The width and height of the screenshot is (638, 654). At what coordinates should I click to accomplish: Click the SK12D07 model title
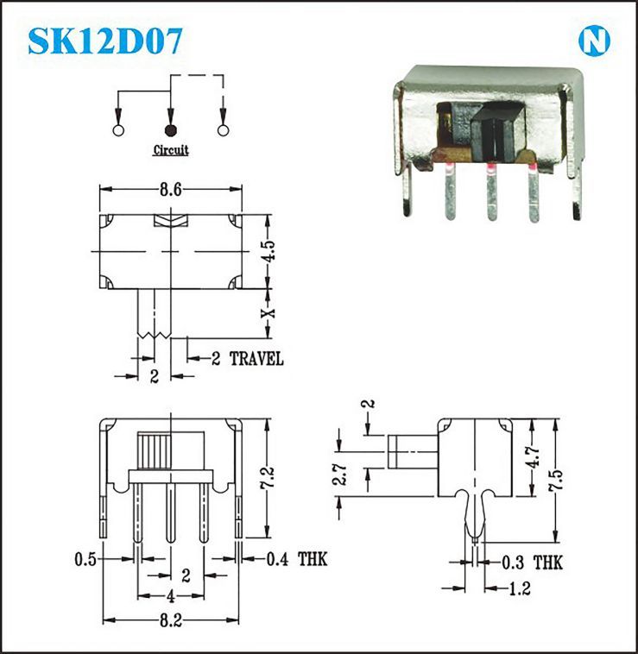[105, 41]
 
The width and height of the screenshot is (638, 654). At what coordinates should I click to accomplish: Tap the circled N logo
[594, 41]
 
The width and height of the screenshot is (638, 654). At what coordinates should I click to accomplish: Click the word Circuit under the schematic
[171, 150]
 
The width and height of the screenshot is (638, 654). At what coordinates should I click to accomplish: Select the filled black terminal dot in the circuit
[171, 130]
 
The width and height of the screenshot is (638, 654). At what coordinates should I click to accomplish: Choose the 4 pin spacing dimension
[170, 595]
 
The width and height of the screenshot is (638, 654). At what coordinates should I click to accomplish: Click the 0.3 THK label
[533, 563]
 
